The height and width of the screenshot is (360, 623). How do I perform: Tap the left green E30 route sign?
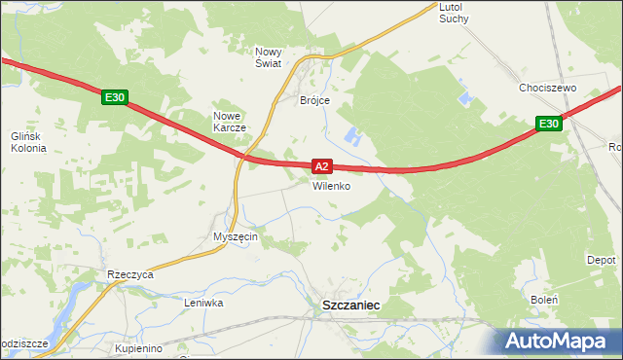(x=114, y=97)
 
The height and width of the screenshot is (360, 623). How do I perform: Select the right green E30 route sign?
(x=548, y=124)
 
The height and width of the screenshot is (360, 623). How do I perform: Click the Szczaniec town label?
(x=350, y=305)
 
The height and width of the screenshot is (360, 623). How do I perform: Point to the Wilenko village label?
(x=331, y=186)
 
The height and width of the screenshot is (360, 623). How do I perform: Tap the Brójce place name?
(x=315, y=100)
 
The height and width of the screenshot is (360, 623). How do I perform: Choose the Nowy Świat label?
(x=269, y=57)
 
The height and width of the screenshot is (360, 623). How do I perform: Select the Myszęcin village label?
(x=235, y=237)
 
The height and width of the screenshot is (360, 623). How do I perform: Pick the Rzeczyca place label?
(x=131, y=275)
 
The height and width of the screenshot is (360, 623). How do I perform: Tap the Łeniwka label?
(x=204, y=303)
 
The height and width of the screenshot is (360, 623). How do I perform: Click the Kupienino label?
(x=137, y=347)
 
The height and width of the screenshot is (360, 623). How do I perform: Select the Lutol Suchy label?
(x=454, y=12)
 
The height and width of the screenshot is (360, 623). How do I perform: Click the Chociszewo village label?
(x=548, y=88)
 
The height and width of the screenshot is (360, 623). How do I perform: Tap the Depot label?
(x=601, y=261)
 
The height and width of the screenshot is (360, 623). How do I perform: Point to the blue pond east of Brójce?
(x=354, y=137)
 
